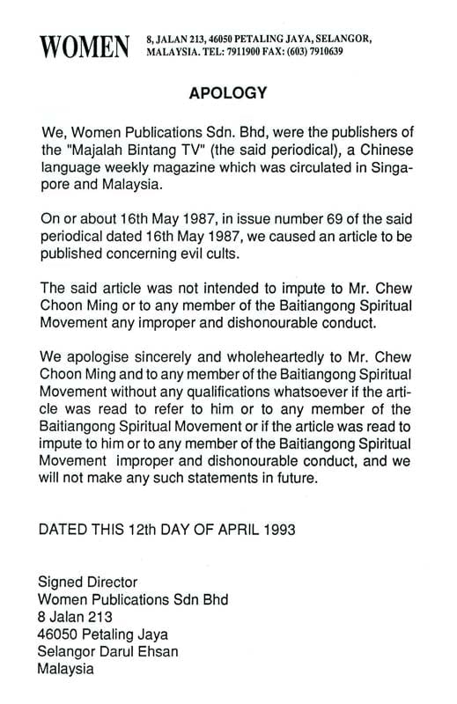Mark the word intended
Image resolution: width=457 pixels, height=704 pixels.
(222, 288)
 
